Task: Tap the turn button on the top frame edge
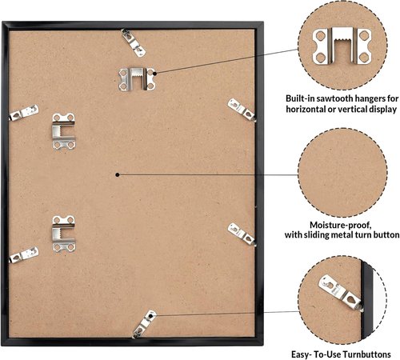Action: tap(133, 42)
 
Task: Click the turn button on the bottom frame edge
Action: tap(144, 324)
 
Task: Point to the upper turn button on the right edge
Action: tap(242, 110)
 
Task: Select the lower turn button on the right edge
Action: tap(242, 234)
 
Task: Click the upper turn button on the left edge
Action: tap(24, 113)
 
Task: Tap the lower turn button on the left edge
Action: tap(24, 254)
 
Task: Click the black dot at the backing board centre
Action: tap(118, 175)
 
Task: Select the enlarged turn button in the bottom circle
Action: tap(341, 293)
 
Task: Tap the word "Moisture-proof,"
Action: tap(341, 226)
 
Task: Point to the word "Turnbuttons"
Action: tap(366, 354)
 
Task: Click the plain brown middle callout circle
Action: tap(343, 173)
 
